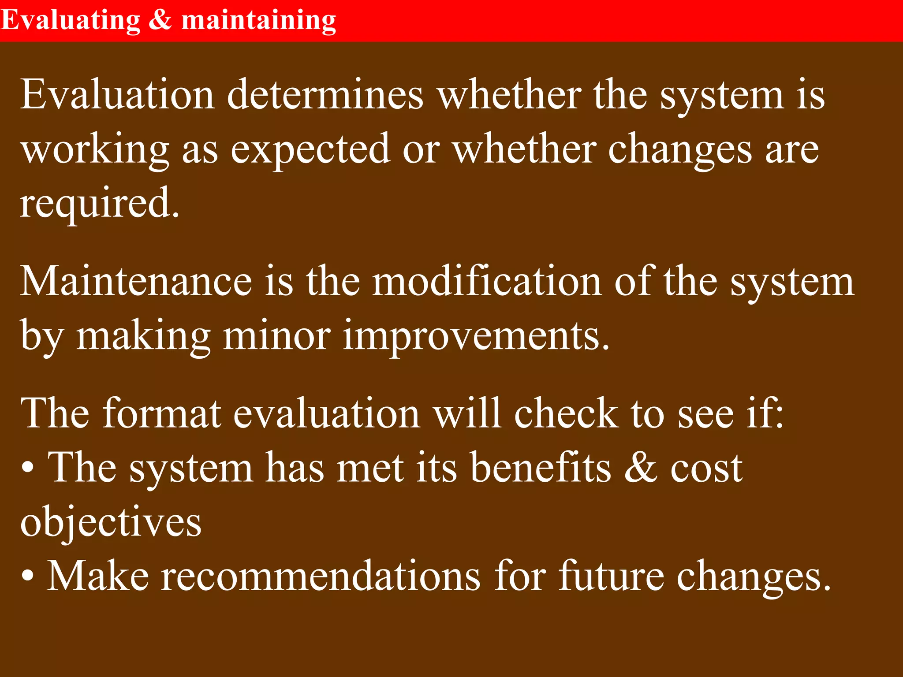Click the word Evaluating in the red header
coord(71,20)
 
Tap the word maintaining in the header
coord(259,20)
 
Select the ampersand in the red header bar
coord(160,20)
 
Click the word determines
coord(325,94)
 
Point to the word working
coord(95,150)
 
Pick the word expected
coord(310,150)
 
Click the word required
coord(99,203)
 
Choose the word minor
coord(276,336)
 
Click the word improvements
coord(476,336)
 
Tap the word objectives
coord(111,522)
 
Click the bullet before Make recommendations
coord(28,577)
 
